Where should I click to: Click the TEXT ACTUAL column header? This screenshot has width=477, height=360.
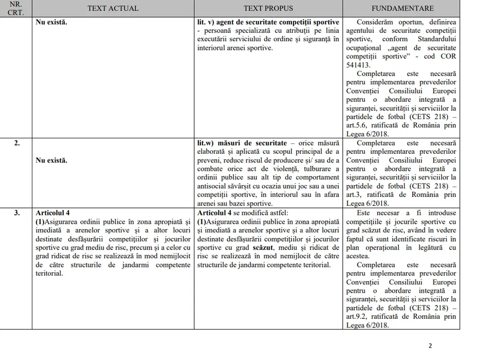[113, 8]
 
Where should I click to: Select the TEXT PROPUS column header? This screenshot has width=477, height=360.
[268, 8]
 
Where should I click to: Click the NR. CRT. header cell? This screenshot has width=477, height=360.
[16, 8]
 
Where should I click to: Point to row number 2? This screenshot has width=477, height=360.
[17, 143]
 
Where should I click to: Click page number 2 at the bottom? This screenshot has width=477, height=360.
[430, 346]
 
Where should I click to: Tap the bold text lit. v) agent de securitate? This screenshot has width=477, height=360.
[268, 23]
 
